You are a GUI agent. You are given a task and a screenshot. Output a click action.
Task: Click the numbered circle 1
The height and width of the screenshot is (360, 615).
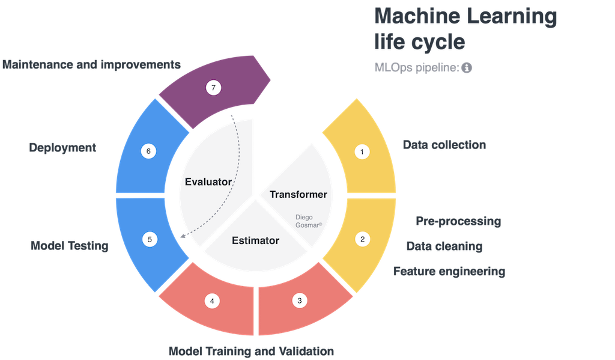(x=362, y=152)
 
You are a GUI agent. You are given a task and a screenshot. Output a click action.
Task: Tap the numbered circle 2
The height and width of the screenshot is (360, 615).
(x=362, y=239)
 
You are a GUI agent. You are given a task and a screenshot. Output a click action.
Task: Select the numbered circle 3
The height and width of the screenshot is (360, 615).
(x=300, y=301)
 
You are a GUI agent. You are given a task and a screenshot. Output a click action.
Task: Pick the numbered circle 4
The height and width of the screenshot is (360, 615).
(x=211, y=301)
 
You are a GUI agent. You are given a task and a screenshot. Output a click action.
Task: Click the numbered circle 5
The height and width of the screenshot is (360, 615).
(x=150, y=239)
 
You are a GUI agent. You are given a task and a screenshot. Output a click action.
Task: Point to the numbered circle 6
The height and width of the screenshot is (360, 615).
(x=149, y=151)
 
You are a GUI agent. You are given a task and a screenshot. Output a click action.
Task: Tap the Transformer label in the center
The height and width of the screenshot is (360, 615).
(x=298, y=194)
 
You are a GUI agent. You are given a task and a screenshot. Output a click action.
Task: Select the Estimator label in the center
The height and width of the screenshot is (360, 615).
(x=255, y=241)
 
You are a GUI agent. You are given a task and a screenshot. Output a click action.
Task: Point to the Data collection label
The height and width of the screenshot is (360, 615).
(x=444, y=145)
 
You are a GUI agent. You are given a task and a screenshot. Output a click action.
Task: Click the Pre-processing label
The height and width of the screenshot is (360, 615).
(x=458, y=221)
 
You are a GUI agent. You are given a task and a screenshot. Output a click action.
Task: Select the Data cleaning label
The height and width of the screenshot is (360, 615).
(x=444, y=246)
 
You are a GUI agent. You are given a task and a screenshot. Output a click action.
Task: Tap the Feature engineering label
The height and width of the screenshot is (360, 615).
(x=449, y=271)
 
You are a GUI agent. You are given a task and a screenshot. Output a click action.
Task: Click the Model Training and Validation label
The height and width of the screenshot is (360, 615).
(x=251, y=350)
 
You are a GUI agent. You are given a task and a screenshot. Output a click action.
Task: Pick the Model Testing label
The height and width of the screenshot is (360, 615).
(x=70, y=245)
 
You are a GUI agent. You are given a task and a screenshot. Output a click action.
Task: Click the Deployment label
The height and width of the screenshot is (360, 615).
(x=62, y=147)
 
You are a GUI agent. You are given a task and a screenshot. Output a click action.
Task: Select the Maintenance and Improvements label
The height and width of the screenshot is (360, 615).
(x=91, y=64)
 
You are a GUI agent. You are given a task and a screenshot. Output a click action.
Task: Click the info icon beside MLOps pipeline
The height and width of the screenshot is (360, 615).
(x=467, y=68)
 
